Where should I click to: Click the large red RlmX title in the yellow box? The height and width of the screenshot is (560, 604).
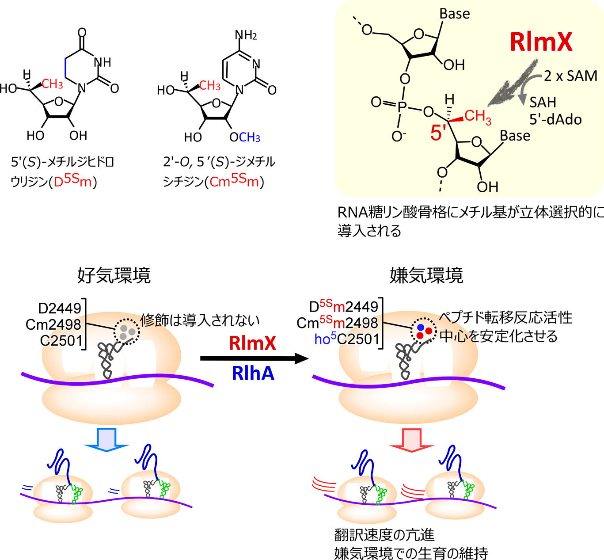click(541, 42)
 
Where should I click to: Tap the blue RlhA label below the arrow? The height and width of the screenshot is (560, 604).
click(253, 374)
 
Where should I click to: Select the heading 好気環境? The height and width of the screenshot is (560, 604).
click(114, 275)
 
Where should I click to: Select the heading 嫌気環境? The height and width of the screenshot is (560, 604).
click(426, 275)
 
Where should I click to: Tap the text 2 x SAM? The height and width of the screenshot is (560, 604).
click(570, 76)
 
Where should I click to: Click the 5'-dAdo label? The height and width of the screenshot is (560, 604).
click(555, 119)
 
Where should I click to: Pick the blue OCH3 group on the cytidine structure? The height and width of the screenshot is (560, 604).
click(245, 137)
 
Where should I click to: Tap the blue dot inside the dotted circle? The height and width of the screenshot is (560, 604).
click(421, 328)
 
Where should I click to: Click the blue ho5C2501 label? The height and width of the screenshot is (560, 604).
click(347, 339)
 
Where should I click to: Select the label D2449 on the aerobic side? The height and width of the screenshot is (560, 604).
click(60, 308)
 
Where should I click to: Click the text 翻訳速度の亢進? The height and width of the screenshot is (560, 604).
click(384, 535)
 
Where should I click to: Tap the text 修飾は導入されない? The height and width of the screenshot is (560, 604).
click(200, 320)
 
